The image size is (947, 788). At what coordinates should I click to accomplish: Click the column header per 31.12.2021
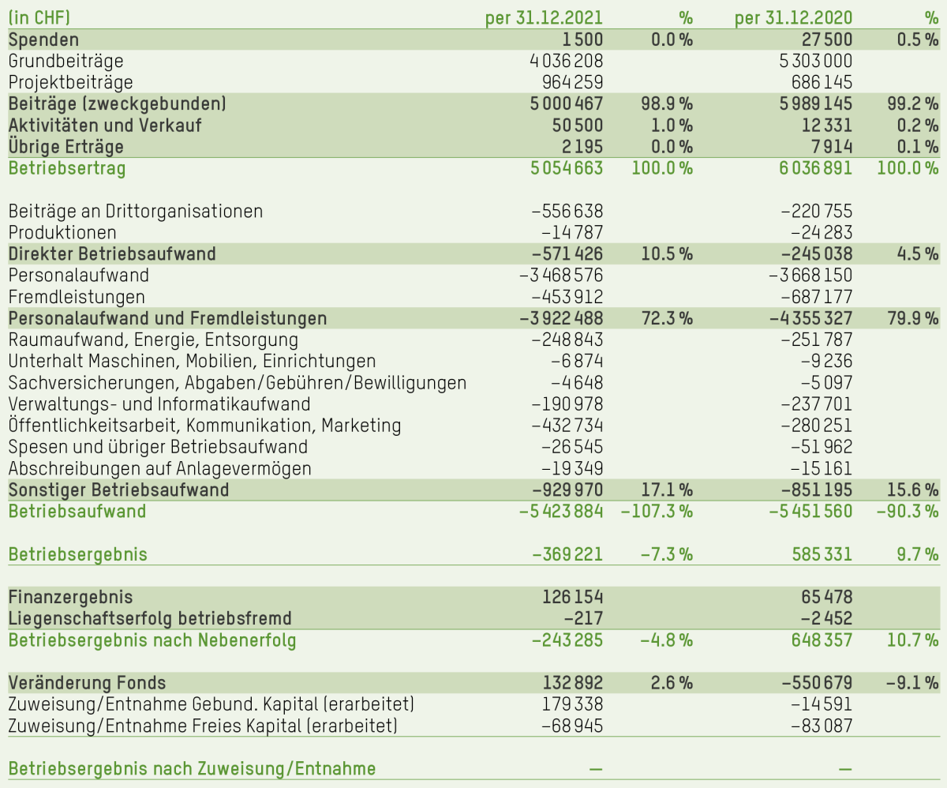[x=544, y=17]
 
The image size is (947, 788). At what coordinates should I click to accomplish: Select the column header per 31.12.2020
[x=793, y=17]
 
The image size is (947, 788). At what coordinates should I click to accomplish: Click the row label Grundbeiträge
[x=66, y=61]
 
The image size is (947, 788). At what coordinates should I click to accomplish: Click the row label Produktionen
[x=62, y=232]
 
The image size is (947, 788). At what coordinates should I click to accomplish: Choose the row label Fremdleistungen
[x=77, y=297]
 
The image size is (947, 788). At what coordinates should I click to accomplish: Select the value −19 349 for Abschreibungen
[x=571, y=468]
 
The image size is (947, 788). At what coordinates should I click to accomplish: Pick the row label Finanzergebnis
[x=70, y=597]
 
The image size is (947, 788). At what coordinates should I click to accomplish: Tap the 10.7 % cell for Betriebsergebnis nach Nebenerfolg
[x=911, y=640]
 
